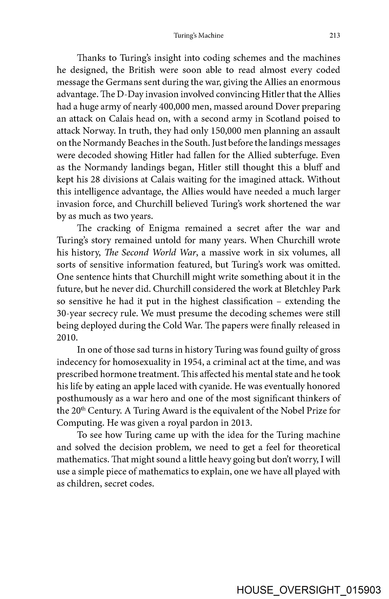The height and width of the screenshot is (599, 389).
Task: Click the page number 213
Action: (335, 35)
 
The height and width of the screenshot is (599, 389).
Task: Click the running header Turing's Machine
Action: (198, 35)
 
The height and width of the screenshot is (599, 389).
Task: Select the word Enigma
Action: (164, 228)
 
